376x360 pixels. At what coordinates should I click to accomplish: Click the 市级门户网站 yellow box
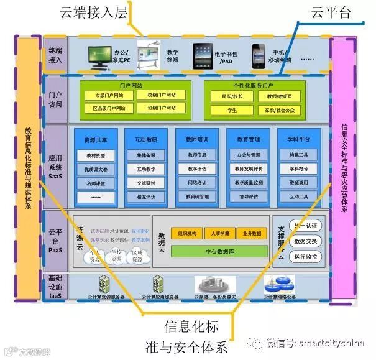point(109,96)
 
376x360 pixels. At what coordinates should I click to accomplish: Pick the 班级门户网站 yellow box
point(162,108)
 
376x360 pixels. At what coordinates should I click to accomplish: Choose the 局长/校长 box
point(232,96)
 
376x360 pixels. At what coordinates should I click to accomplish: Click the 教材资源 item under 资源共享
point(96,155)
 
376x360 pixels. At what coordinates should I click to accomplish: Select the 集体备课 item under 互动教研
point(146,155)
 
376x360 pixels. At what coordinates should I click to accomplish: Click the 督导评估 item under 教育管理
point(247,197)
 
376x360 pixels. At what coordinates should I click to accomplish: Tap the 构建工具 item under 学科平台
point(298,155)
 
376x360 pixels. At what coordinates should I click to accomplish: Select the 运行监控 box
point(305,256)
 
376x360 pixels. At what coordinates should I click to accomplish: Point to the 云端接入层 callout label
point(94,12)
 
